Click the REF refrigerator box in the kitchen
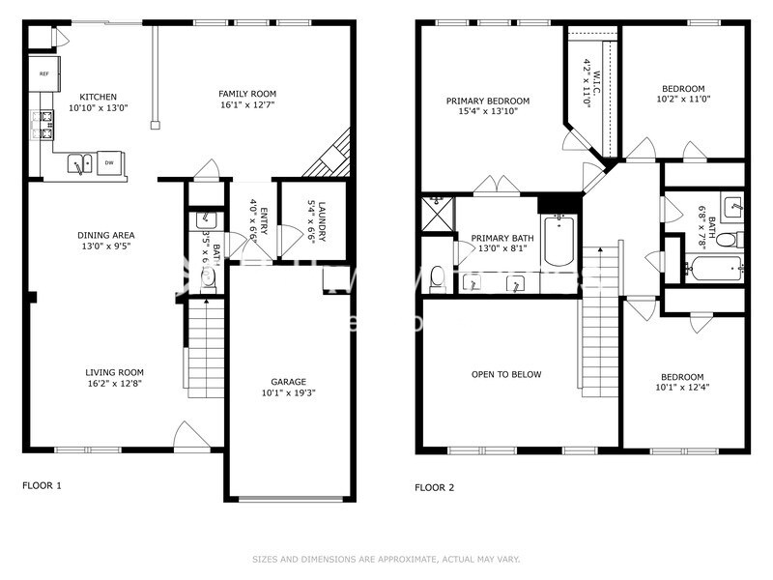[44, 73]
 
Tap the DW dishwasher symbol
[110, 163]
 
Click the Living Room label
[114, 372]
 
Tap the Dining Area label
[106, 235]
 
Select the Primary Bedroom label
[488, 100]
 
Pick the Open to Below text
[506, 374]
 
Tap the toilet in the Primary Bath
[437, 277]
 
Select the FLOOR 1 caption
[42, 486]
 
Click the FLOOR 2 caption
[435, 487]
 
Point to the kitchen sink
[78, 165]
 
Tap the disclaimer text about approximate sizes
[386, 559]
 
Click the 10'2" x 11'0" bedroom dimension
[682, 100]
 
